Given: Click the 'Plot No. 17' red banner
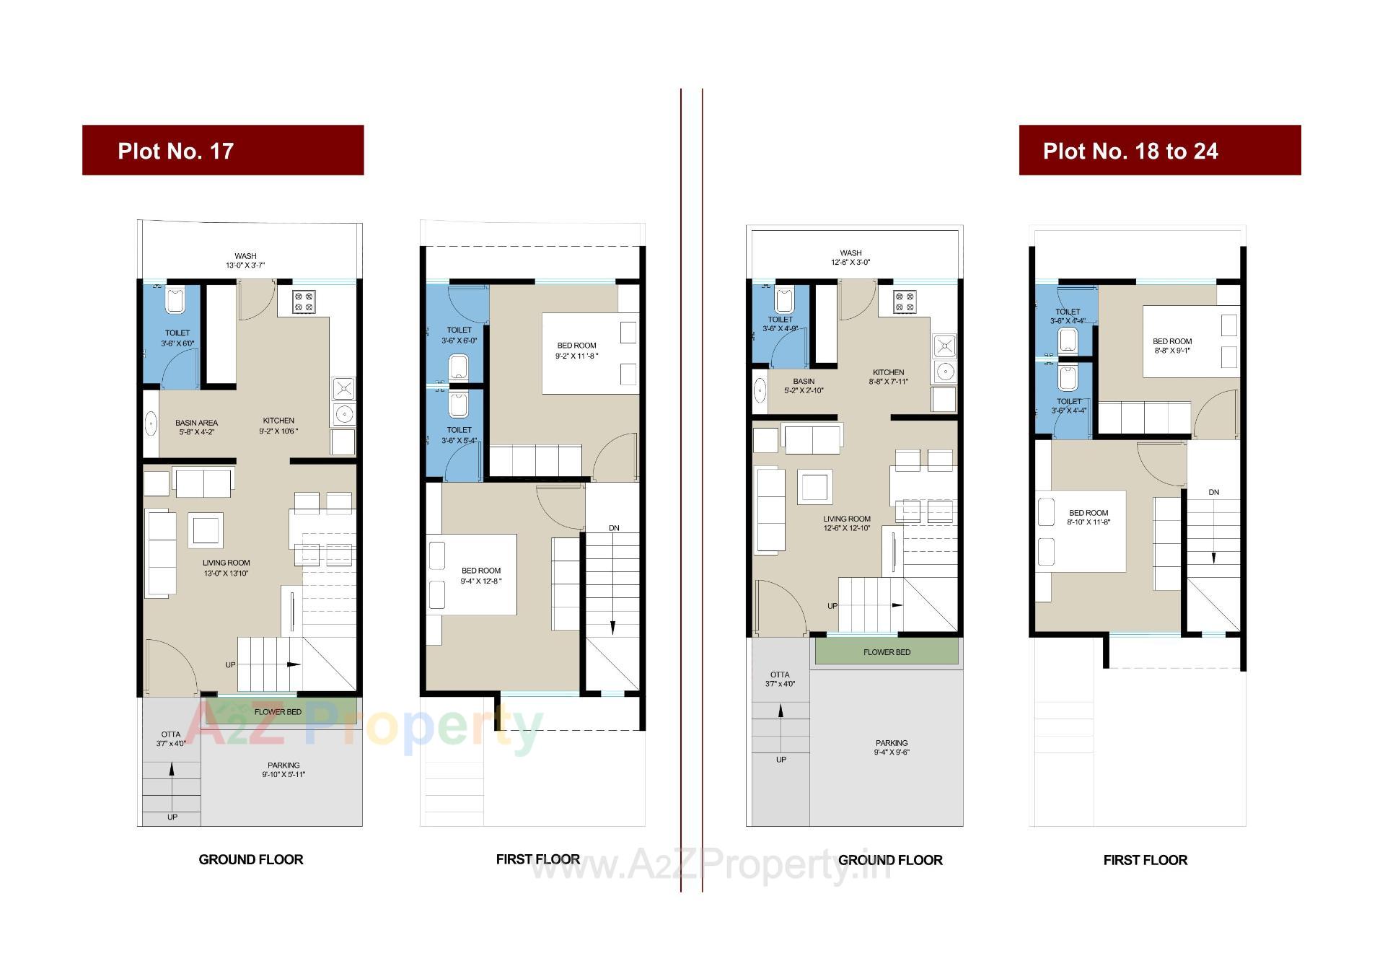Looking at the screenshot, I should pos(222,150).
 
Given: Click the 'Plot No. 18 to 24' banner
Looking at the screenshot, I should pos(1159,150).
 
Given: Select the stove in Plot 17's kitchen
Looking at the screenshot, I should pos(304,301).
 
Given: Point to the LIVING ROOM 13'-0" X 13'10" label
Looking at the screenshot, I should pos(226,568).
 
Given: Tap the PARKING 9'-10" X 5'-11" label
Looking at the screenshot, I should pos(283,770).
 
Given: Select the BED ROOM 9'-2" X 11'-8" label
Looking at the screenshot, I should pos(576,351).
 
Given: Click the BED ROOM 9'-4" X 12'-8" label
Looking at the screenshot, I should pos(480,575).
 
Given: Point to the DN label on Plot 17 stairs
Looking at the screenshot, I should pos(614,528).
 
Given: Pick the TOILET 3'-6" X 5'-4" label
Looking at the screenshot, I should pos(459,435).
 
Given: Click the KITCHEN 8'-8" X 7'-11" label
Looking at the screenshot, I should pos(888,377).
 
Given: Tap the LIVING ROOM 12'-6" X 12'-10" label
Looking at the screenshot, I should pos(847,523).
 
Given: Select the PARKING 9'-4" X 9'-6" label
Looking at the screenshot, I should pos(892,747).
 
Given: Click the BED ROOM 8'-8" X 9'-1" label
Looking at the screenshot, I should pos(1171,346).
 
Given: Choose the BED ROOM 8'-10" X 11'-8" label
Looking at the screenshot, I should pos(1089,517).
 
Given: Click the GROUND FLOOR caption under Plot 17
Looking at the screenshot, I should pos(251,859).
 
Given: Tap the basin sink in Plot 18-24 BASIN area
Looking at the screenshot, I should pos(760,390).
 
